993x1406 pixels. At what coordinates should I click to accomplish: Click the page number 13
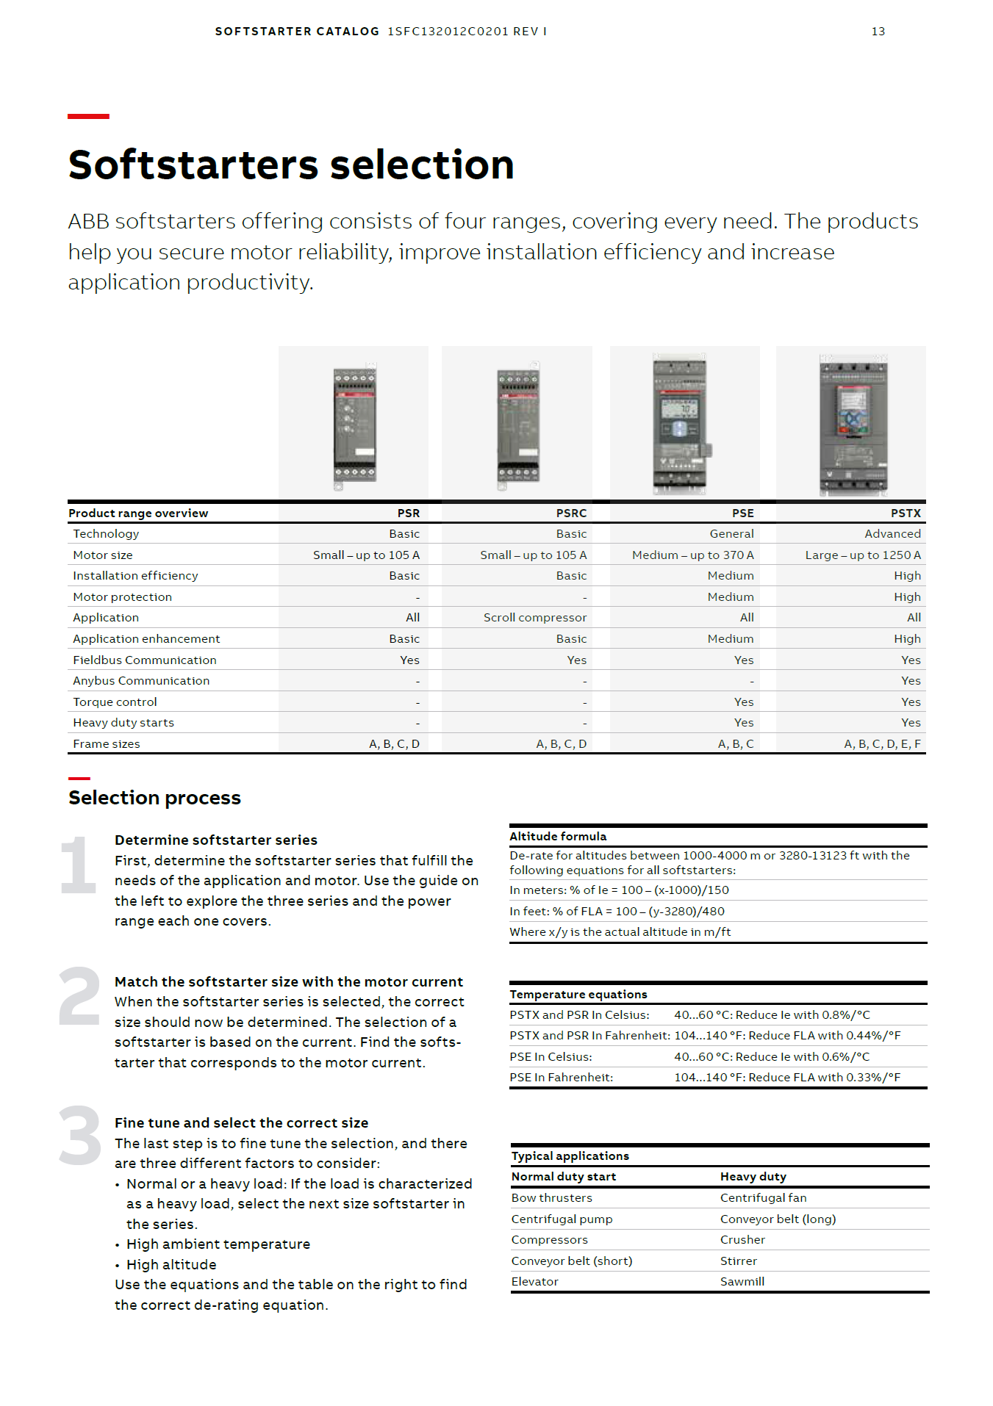click(x=878, y=32)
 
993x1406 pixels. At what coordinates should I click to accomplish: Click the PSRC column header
click(x=571, y=513)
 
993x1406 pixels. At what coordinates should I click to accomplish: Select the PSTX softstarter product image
click(x=853, y=424)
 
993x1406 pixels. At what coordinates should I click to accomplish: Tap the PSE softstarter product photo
click(x=681, y=424)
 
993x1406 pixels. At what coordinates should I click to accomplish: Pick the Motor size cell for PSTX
click(x=862, y=555)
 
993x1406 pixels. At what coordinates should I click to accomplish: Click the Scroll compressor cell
click(x=534, y=618)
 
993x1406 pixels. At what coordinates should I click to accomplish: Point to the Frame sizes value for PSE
click(x=735, y=744)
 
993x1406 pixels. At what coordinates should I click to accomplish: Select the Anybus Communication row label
click(x=141, y=681)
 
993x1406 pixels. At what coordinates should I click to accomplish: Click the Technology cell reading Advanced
click(x=892, y=534)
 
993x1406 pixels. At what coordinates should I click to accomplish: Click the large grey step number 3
click(x=79, y=1136)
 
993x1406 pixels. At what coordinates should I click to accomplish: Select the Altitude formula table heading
click(x=558, y=837)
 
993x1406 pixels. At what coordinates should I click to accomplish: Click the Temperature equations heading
click(x=578, y=995)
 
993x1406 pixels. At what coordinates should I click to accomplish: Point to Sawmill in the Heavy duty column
click(x=742, y=1282)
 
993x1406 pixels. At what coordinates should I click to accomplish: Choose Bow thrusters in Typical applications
click(x=551, y=1198)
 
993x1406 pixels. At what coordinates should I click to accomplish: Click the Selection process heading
click(x=154, y=798)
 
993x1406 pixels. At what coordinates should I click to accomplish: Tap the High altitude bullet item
click(x=171, y=1265)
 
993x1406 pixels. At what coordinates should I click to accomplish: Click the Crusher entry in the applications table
click(x=742, y=1240)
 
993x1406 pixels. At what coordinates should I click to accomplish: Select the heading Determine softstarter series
click(x=216, y=840)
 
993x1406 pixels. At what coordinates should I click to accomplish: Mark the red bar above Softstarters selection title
click(x=88, y=116)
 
